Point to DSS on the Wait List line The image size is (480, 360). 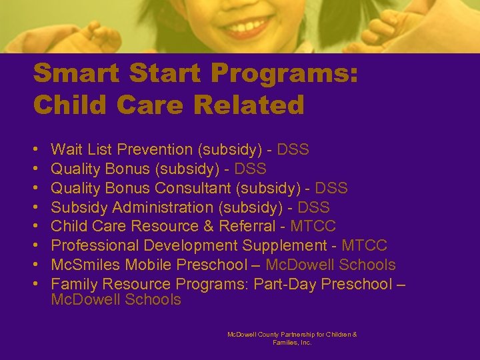click(x=293, y=149)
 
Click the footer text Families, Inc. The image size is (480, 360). click(x=292, y=342)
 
